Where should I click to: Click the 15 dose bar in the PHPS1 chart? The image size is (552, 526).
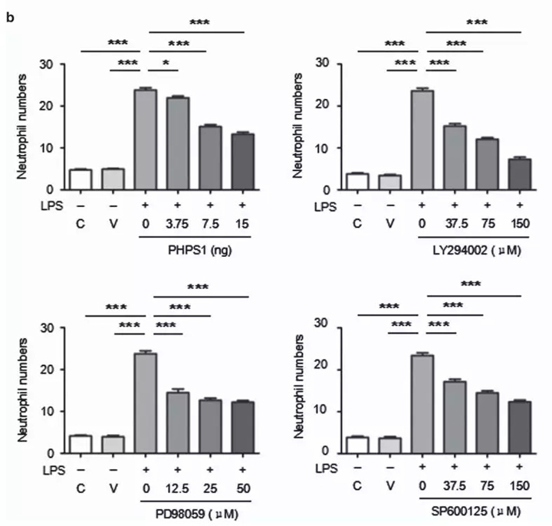click(x=242, y=161)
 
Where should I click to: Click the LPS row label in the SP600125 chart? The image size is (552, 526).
click(x=314, y=468)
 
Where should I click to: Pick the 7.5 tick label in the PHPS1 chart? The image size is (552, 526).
click(x=209, y=227)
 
